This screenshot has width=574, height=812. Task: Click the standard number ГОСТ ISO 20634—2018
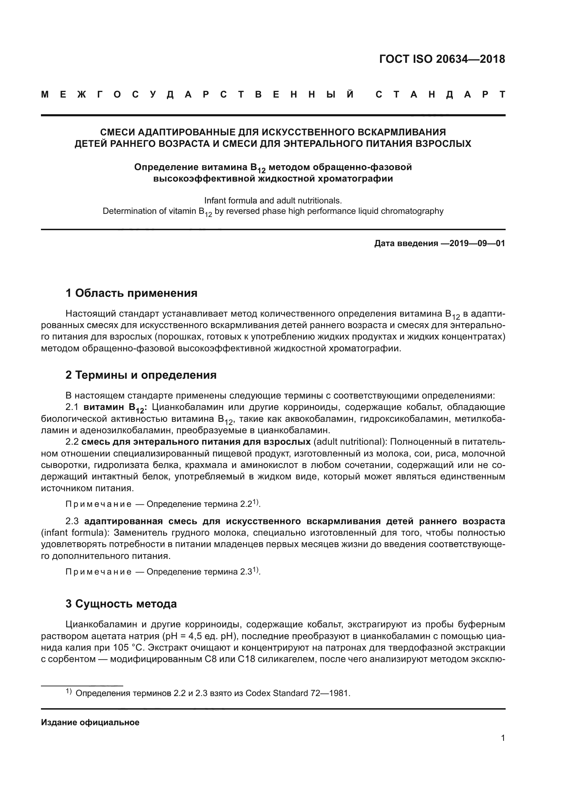coord(442,59)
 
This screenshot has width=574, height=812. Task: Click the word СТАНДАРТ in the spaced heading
coord(440,95)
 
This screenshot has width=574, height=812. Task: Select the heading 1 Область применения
coord(131,293)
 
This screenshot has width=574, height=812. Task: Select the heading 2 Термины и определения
coord(141,375)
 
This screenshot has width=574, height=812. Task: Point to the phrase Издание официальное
coord(90,722)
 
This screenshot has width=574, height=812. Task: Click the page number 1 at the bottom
coord(503,738)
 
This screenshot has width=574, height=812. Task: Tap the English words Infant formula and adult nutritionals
coord(273,201)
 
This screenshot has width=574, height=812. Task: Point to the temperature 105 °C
coord(128,648)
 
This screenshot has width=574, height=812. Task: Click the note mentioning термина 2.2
coord(162,504)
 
